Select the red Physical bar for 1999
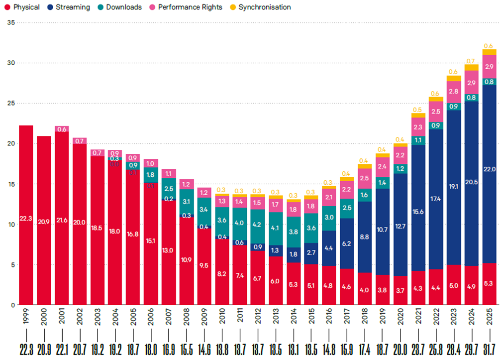tap(26, 215)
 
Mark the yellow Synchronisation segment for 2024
tap(471, 67)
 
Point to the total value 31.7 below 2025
tap(489, 348)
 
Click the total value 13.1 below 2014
tap(293, 348)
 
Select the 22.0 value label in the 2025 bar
tap(489, 169)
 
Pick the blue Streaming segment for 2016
tap(329, 248)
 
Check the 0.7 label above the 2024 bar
tap(471, 61)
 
